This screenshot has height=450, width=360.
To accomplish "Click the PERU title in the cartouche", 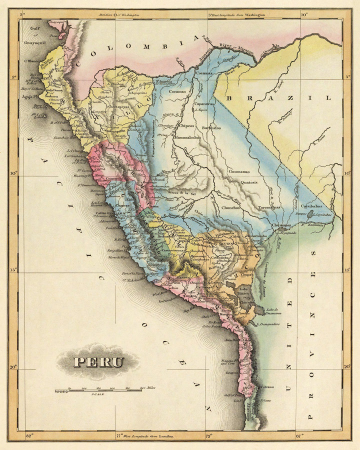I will [98, 361].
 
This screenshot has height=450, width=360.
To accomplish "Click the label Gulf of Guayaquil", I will [34, 36].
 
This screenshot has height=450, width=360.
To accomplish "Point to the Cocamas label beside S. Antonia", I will [177, 92].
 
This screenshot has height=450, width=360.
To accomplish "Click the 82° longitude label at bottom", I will [29, 436].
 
